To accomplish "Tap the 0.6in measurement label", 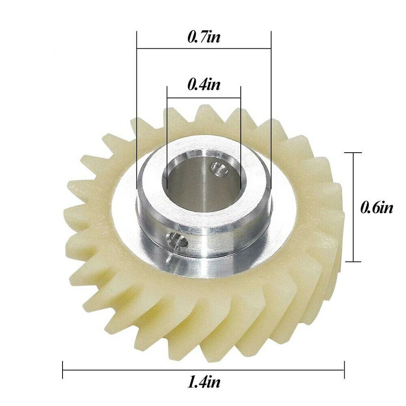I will [x=376, y=208].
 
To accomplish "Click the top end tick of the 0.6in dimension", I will [x=352, y=152].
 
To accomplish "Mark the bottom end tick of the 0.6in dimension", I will [x=352, y=262].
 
